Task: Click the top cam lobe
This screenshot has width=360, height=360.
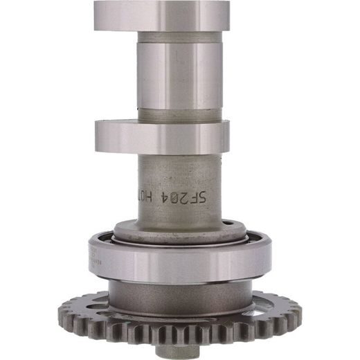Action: (x=161, y=15)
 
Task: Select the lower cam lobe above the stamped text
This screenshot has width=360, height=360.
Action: (x=161, y=136)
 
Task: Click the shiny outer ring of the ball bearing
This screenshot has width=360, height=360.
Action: (x=179, y=262)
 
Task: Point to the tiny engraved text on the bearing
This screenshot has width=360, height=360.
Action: (x=95, y=257)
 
